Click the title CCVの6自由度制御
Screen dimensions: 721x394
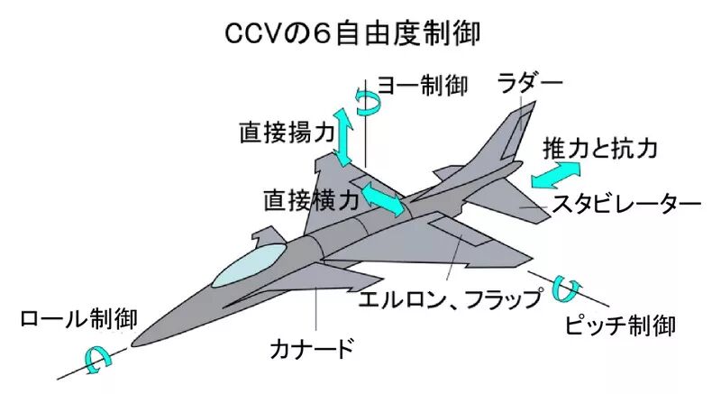point(352,33)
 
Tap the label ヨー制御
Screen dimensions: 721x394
point(423,86)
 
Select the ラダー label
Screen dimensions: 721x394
point(530,83)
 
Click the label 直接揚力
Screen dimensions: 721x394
point(287,133)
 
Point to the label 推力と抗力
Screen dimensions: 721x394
point(600,148)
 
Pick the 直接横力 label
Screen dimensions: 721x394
point(311,200)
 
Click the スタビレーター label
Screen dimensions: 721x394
point(626,203)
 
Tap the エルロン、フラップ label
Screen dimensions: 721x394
point(451,298)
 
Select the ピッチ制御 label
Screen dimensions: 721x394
point(620,325)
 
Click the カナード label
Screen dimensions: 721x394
point(312,348)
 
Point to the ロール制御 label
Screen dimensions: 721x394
point(78,318)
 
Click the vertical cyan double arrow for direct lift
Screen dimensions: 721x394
point(343,136)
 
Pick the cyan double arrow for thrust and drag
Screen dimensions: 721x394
point(556,175)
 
